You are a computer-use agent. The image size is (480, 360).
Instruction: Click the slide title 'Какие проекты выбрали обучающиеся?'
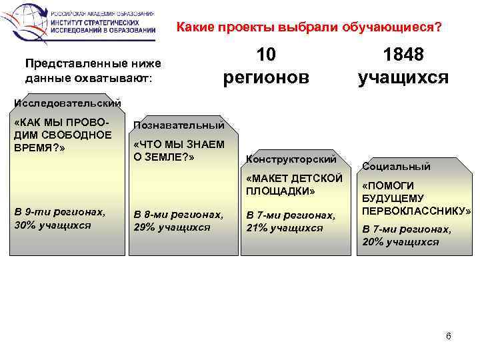[308, 28]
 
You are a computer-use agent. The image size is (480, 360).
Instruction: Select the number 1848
[403, 55]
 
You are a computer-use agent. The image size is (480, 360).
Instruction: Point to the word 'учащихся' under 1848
[403, 77]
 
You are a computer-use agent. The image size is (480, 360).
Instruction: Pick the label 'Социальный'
[396, 167]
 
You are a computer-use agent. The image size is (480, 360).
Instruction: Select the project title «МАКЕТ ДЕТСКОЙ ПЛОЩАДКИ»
[294, 185]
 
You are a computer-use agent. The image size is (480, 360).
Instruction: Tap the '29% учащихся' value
[172, 227]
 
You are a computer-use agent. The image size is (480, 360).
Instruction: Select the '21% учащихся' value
[285, 227]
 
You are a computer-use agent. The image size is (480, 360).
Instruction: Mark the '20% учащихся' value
[401, 241]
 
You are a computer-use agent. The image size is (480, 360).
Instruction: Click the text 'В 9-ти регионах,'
[59, 211]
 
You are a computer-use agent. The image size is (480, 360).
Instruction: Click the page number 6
[448, 335]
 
